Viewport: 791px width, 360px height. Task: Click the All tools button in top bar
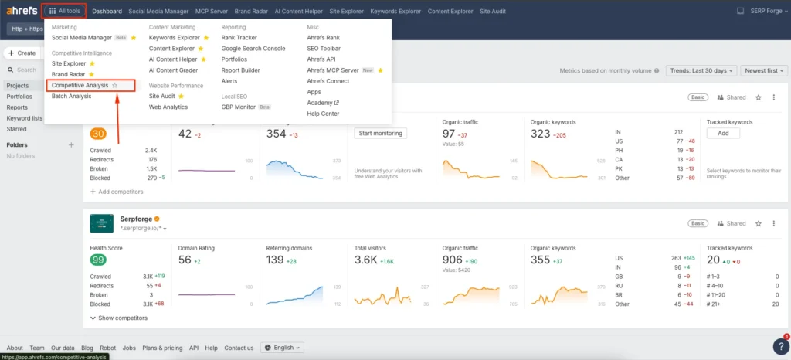(x=65, y=11)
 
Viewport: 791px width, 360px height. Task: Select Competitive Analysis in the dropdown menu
(x=80, y=85)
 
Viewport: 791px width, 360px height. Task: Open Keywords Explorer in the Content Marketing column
(x=174, y=37)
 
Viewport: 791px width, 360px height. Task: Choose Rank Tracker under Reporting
(x=239, y=37)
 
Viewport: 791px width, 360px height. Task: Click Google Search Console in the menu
(x=253, y=48)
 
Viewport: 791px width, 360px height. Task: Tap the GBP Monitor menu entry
(x=238, y=107)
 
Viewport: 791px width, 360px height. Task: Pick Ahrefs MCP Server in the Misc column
(x=332, y=70)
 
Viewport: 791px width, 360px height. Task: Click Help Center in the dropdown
(x=324, y=114)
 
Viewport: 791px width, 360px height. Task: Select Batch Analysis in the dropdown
(x=71, y=96)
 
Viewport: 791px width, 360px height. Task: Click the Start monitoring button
(x=380, y=133)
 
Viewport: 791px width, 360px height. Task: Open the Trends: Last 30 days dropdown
(x=700, y=70)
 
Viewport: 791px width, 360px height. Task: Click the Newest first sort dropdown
(x=763, y=70)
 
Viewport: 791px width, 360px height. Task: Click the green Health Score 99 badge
(x=98, y=260)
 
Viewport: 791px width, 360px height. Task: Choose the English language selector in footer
(x=283, y=348)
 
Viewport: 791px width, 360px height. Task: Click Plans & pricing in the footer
(x=162, y=348)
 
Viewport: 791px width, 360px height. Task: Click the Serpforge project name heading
(x=135, y=219)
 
